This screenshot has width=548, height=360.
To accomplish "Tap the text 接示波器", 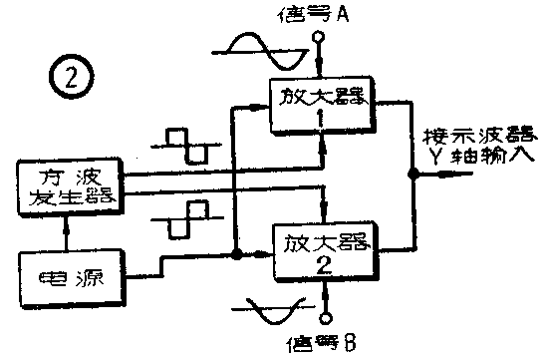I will coord(481,137).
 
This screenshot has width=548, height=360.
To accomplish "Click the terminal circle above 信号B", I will coord(325,319).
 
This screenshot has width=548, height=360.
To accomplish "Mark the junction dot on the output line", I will coord(411,174).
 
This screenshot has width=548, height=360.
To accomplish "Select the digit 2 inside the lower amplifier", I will coord(323,265).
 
